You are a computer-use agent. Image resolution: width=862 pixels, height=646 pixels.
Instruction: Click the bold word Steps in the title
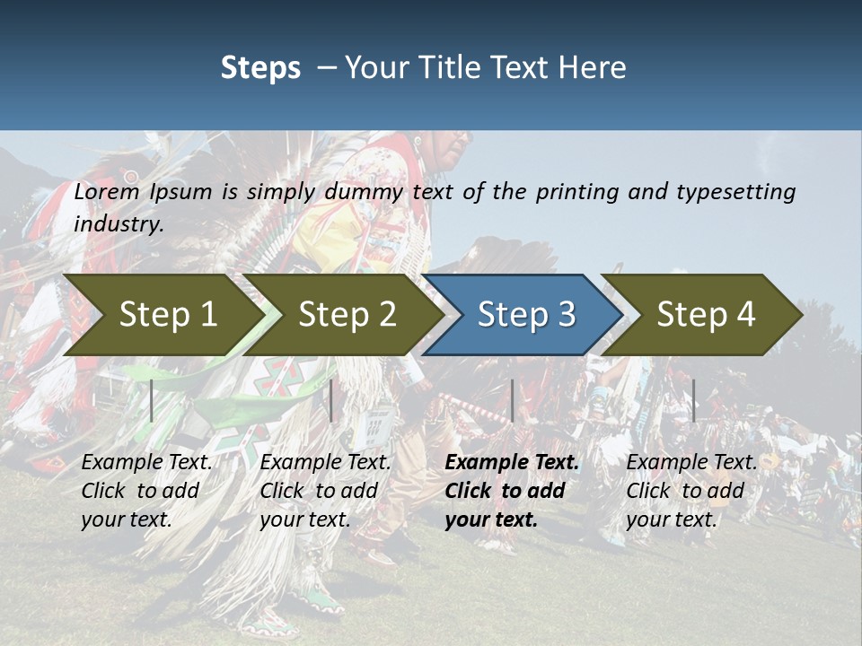click(260, 68)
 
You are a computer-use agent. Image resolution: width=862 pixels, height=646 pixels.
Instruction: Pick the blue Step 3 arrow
click(526, 314)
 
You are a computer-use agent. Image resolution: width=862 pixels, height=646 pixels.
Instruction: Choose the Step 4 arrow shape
click(706, 314)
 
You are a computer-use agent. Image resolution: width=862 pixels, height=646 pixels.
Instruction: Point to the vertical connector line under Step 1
click(152, 400)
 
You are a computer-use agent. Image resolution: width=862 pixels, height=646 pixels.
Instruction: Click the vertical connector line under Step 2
click(331, 400)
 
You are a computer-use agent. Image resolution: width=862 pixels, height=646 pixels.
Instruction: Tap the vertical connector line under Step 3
click(512, 400)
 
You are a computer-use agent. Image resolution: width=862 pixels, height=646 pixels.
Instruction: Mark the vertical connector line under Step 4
click(693, 400)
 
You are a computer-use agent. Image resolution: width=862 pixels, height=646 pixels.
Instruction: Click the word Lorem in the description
click(107, 192)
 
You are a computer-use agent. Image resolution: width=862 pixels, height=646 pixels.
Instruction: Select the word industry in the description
click(117, 224)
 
